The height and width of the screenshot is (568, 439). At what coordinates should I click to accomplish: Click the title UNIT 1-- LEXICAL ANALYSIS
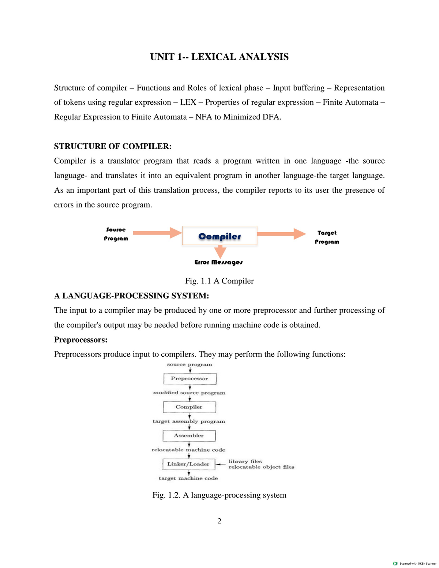[219, 57]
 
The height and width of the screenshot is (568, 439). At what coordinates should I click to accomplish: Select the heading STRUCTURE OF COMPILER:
[113, 146]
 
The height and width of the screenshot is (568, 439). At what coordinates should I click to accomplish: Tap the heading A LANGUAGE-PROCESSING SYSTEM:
[131, 296]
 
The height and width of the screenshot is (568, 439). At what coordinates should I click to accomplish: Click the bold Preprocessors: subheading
[80, 340]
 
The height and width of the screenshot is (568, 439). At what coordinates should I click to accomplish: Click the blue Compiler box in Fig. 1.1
[219, 236]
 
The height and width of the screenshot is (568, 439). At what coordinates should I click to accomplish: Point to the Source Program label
[116, 234]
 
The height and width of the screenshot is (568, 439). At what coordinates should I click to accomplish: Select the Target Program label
[327, 237]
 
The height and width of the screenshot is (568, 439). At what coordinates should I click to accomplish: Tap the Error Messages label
[218, 262]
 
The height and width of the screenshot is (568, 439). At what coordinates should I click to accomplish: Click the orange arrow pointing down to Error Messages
[220, 252]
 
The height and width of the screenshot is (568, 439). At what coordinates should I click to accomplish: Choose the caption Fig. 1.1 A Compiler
[219, 281]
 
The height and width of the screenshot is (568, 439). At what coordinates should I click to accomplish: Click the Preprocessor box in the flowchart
[190, 379]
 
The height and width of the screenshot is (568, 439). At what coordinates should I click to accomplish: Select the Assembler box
[189, 436]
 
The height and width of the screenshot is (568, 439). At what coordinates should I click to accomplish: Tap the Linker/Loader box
[188, 464]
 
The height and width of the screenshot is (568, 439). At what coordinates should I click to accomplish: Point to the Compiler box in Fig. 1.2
[189, 407]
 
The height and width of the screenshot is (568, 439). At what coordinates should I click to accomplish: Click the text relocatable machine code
[188, 450]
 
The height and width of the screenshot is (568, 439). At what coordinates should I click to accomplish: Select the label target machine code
[188, 478]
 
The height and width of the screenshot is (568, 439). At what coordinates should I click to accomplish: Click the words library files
[245, 462]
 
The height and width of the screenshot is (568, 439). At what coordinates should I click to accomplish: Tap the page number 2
[219, 521]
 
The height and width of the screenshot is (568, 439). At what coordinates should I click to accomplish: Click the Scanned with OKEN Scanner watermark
[415, 564]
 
